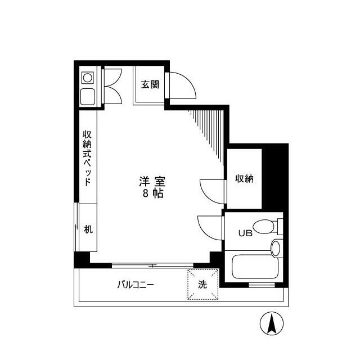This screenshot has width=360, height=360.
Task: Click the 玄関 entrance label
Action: [x=150, y=85]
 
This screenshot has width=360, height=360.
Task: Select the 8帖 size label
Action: [x=152, y=194]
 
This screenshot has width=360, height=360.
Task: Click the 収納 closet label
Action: [x=244, y=179]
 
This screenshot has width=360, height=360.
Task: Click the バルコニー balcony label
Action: [x=136, y=285]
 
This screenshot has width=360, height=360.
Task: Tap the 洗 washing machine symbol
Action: [x=202, y=284]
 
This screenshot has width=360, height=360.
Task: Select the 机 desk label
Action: [x=88, y=229]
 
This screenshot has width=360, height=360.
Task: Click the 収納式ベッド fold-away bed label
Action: [x=87, y=158]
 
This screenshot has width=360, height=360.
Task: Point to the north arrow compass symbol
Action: [x=271, y=323]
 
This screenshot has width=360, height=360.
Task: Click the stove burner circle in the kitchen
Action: [x=88, y=77]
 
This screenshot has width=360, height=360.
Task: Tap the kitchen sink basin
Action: [x=88, y=96]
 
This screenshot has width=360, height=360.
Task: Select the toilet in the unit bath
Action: [x=265, y=227]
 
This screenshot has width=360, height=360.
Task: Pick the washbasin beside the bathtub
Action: [x=276, y=247]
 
